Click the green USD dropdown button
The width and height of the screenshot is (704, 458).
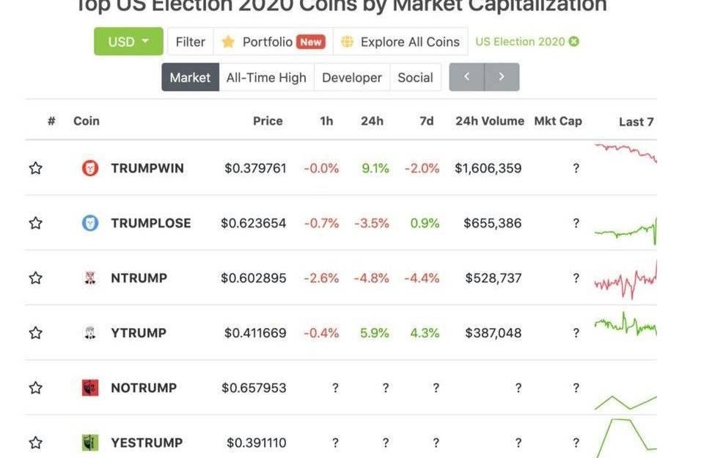pyautogui.click(x=128, y=42)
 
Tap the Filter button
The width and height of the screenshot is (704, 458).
pyautogui.click(x=190, y=42)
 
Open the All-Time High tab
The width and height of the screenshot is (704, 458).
pyautogui.click(x=266, y=77)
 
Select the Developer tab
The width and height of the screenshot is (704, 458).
pyautogui.click(x=351, y=77)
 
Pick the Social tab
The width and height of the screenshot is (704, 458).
pyautogui.click(x=415, y=77)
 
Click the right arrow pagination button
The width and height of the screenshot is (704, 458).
pyautogui.click(x=502, y=77)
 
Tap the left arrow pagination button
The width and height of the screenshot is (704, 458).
pyautogui.click(x=466, y=77)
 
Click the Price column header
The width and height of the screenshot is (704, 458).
pyautogui.click(x=268, y=121)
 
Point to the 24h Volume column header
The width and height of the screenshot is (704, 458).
pyautogui.click(x=490, y=121)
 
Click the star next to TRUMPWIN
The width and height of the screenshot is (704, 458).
pyautogui.click(x=35, y=168)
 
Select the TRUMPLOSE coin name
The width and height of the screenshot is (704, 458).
pyautogui.click(x=150, y=223)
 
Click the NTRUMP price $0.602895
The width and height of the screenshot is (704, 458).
pyautogui.click(x=254, y=278)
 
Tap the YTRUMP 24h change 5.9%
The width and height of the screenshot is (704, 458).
pyautogui.click(x=375, y=333)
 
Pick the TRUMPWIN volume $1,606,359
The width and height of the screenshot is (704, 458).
pyautogui.click(x=488, y=168)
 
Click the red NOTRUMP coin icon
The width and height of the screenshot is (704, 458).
pyautogui.click(x=89, y=388)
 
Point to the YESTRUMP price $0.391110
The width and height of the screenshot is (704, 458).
pyautogui.click(x=256, y=443)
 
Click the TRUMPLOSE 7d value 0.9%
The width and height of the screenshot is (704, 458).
pyautogui.click(x=425, y=223)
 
